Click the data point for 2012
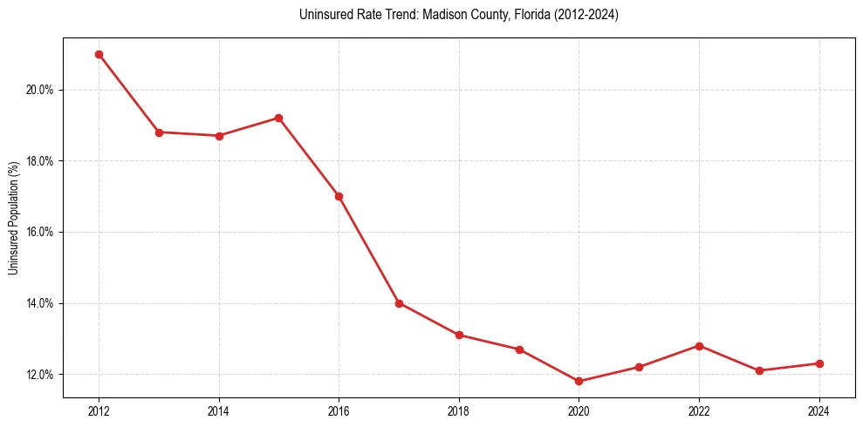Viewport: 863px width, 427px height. click(99, 54)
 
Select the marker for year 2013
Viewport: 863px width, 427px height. click(159, 132)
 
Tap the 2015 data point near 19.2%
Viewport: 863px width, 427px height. click(278, 118)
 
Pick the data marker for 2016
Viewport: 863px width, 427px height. click(339, 196)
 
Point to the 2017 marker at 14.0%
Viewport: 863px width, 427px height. click(399, 303)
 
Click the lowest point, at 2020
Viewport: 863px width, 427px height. click(579, 381)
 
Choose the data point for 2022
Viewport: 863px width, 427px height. click(699, 346)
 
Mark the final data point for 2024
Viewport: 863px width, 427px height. click(819, 363)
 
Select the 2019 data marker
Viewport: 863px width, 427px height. click(519, 349)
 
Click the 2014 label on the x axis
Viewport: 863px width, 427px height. click(219, 410)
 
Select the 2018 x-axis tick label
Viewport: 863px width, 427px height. click(459, 410)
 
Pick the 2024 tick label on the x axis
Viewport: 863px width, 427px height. click(819, 410)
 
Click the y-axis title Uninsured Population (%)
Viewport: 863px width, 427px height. click(14, 218)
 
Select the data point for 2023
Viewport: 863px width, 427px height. click(759, 370)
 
